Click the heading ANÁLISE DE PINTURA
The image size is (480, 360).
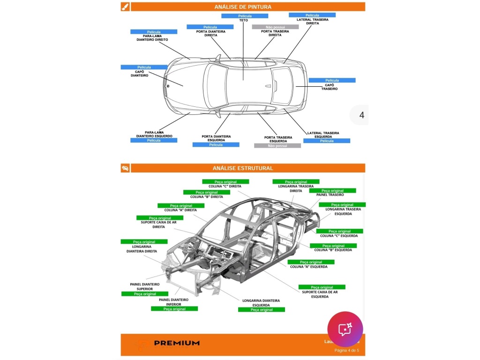[242, 7]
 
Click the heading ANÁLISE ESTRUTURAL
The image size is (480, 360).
[242, 168]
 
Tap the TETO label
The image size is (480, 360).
[243, 21]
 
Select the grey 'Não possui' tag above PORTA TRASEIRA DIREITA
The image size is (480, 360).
[275, 27]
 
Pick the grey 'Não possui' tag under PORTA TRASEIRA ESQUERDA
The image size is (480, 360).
[277, 146]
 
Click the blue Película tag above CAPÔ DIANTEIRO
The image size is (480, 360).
[143, 67]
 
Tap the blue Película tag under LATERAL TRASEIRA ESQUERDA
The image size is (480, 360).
[326, 141]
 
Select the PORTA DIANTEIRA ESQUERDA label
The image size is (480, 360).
[216, 138]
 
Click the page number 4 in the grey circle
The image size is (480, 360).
[361, 115]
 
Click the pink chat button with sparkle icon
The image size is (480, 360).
[345, 329]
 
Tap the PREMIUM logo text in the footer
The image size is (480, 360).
[177, 343]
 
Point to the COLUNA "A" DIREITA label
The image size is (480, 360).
[180, 210]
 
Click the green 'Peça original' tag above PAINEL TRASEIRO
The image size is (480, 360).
[332, 191]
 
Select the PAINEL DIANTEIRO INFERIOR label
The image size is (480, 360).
[173, 302]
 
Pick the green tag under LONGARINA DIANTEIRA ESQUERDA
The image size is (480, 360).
[261, 310]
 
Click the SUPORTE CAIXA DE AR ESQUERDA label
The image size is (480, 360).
[320, 294]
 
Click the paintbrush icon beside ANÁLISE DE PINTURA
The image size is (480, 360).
[125, 7]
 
